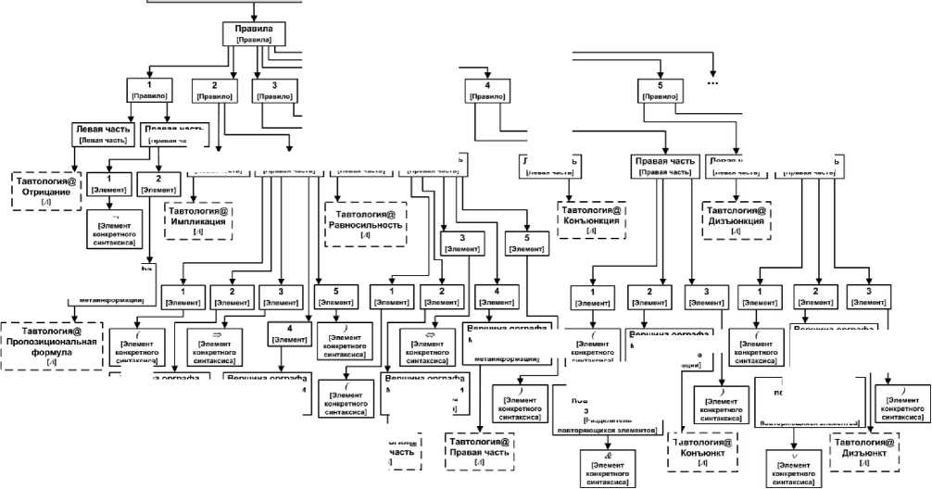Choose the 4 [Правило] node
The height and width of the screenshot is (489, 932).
[x=487, y=90]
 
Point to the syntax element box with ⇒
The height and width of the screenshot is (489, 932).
[x=215, y=342]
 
